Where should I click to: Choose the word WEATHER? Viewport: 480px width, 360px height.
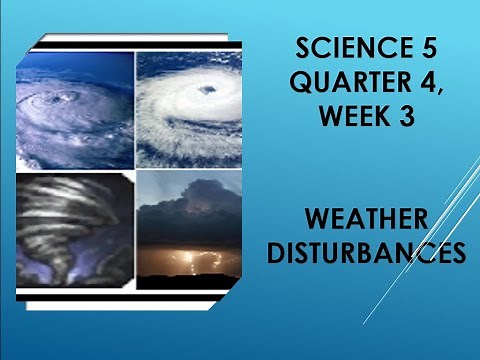tap(367, 218)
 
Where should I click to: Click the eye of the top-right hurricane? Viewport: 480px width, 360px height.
tap(206, 91)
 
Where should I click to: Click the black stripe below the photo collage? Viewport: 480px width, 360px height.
tap(130, 297)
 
